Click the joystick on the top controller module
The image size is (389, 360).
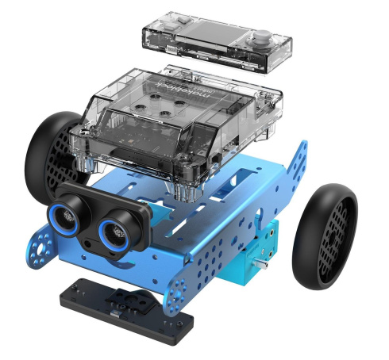point(261,39)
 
